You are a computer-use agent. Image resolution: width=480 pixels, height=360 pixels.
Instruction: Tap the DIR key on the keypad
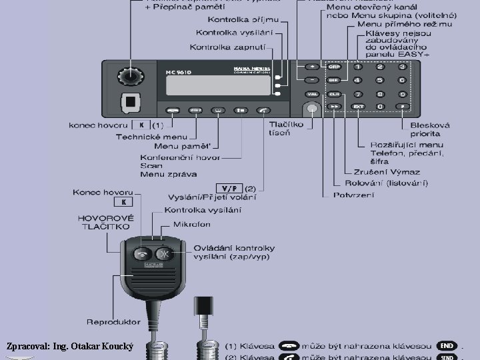pos(334,80)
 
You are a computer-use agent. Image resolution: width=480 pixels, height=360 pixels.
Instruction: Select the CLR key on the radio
pos(334,93)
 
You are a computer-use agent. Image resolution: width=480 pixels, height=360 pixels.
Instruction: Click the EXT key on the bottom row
pos(358,107)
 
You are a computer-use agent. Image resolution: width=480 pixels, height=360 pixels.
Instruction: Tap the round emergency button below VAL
pos(311,109)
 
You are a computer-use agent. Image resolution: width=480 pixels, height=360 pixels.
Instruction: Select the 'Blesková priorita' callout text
pos(411,129)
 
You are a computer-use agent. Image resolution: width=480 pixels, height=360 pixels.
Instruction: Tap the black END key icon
pos(447,345)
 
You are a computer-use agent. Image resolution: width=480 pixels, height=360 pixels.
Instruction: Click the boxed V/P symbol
pos(227,188)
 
